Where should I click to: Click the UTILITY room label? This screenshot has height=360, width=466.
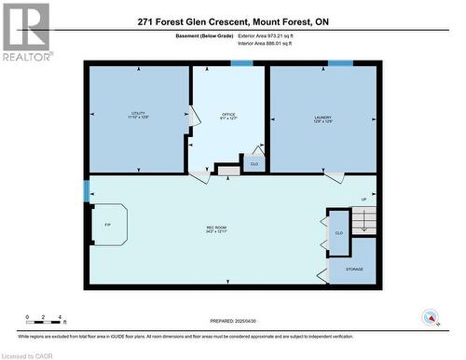[x=138, y=116]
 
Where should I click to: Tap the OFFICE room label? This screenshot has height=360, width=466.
[x=227, y=116]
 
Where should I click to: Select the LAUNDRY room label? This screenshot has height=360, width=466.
[x=323, y=118]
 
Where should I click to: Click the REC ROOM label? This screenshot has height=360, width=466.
[x=216, y=229]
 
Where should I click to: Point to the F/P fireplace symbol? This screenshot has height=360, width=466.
[x=108, y=225]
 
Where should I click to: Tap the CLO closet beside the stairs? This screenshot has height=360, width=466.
[x=338, y=232]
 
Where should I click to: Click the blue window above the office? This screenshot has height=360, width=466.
[x=242, y=63]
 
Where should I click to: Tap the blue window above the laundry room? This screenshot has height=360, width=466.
[x=340, y=63]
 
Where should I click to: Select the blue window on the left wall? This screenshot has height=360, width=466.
[x=86, y=191]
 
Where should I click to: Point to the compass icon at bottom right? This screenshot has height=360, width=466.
[x=430, y=317]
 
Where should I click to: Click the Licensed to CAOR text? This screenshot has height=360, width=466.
[x=29, y=354]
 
